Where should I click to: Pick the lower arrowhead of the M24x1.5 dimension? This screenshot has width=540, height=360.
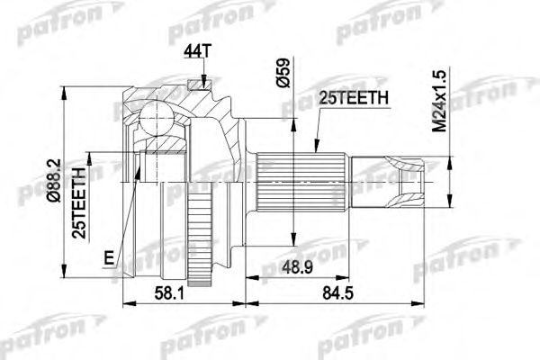click(x=450, y=193)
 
